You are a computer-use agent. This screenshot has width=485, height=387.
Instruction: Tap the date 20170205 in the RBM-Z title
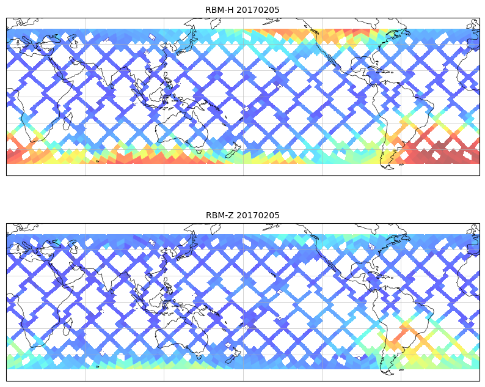[x=258, y=215]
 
